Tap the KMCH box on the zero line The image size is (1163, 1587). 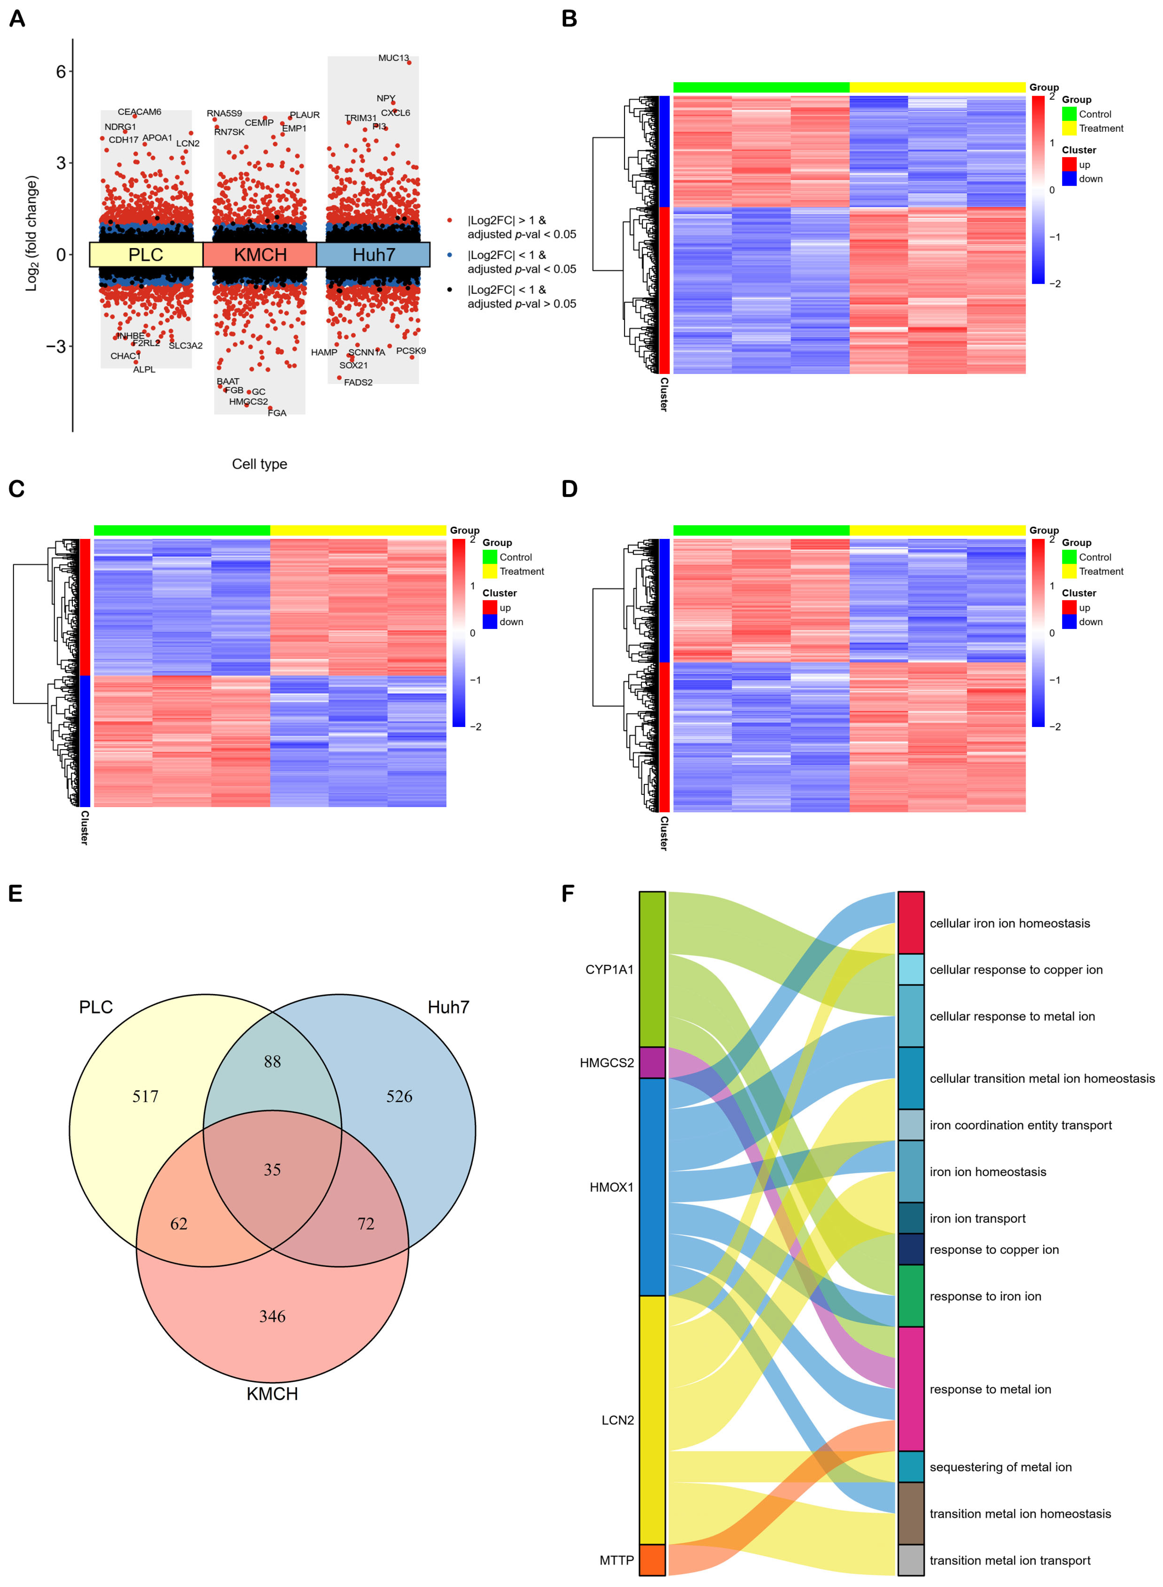pos(260,254)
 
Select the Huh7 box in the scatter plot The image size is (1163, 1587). pos(373,254)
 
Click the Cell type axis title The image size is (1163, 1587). pos(260,464)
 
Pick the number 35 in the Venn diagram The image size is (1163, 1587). pos(272,1169)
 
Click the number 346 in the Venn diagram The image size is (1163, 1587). pos(272,1316)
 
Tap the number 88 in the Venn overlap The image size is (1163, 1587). pos(272,1061)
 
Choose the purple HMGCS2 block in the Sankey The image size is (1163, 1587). pos(652,1062)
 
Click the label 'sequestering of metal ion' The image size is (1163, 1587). pos(1001,1467)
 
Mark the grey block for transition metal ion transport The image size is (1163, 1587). pos(911,1560)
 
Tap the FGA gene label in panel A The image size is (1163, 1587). pos(277,413)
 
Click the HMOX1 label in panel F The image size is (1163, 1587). pos(611,1187)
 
